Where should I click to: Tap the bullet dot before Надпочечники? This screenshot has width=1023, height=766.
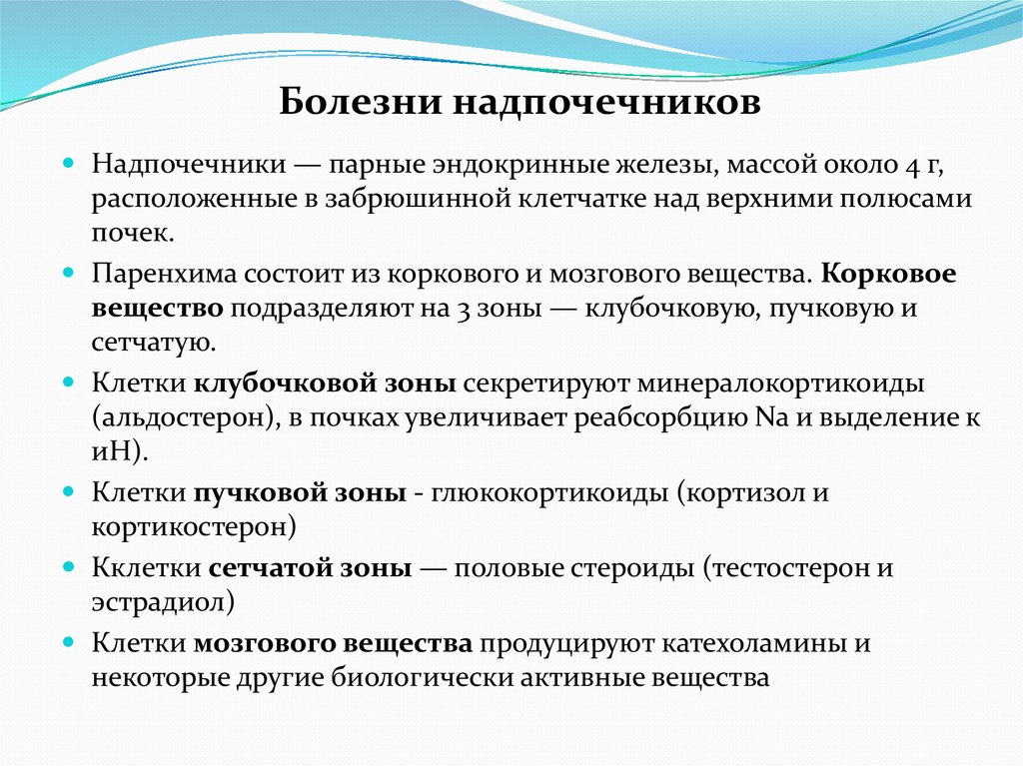70,161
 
